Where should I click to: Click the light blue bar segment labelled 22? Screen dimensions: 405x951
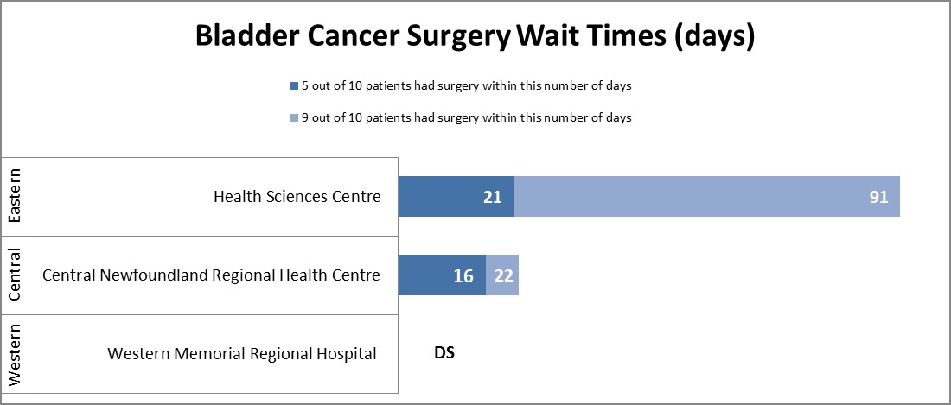(x=502, y=275)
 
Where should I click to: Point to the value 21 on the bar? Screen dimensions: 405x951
(x=493, y=198)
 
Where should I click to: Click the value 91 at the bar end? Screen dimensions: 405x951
(x=878, y=198)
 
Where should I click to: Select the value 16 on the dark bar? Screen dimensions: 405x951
(x=463, y=276)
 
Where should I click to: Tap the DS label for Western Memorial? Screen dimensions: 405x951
(x=444, y=353)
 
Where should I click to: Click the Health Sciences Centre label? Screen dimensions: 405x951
(x=297, y=197)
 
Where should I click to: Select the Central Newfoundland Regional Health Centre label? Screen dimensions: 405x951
(x=211, y=275)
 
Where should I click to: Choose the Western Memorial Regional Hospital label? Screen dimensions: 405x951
(x=242, y=353)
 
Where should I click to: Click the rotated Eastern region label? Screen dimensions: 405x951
(x=15, y=197)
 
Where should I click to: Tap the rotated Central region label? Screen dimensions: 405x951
(x=15, y=275)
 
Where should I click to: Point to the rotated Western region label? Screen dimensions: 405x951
(x=15, y=354)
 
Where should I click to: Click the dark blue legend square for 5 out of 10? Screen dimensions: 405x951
(x=293, y=86)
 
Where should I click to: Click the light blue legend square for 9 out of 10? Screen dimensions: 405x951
(x=293, y=117)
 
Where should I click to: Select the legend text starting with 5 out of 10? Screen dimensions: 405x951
(x=465, y=86)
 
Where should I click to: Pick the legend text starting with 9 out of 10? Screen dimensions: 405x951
(x=465, y=117)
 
